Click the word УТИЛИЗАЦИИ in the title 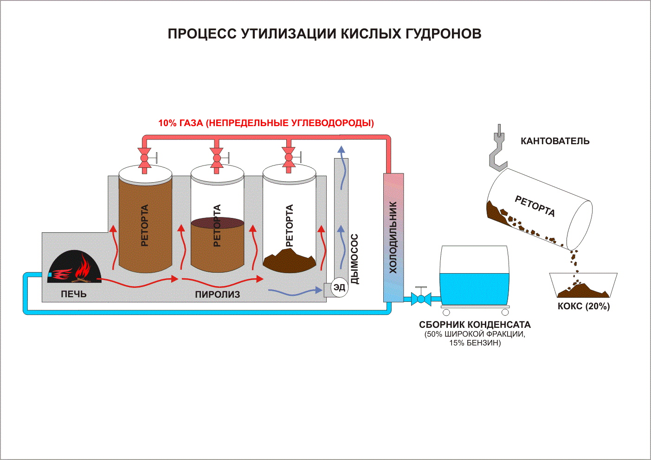(x=290, y=34)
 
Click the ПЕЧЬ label (x=74, y=294)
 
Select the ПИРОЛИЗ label (x=217, y=294)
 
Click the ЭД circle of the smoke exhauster (x=339, y=287)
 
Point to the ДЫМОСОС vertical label (x=355, y=259)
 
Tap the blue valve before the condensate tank (x=421, y=298)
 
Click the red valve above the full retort (x=144, y=158)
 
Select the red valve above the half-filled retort (x=217, y=158)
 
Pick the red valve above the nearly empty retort (x=289, y=158)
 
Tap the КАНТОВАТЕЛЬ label (x=555, y=141)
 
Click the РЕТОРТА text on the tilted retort (x=535, y=206)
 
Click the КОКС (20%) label (x=584, y=306)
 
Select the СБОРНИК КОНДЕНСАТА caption (x=475, y=325)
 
